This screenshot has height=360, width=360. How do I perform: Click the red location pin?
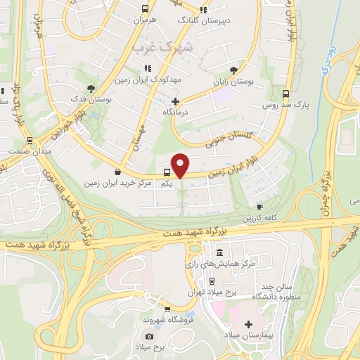tap(181, 165)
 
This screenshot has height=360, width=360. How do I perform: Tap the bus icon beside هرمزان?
tap(145, 9)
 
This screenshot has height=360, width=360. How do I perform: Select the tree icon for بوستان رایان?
tap(233, 70)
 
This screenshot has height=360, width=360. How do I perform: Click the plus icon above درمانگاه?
tap(175, 101)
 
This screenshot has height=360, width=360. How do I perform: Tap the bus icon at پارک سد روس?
tap(285, 94)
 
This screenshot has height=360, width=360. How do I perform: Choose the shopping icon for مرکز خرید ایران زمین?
tap(117, 172)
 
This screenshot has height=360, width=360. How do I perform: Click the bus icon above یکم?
tap(167, 172)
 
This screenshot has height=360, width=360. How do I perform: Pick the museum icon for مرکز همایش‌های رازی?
tap(220, 252)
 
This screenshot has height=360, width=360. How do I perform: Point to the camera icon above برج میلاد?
tap(149, 337)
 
